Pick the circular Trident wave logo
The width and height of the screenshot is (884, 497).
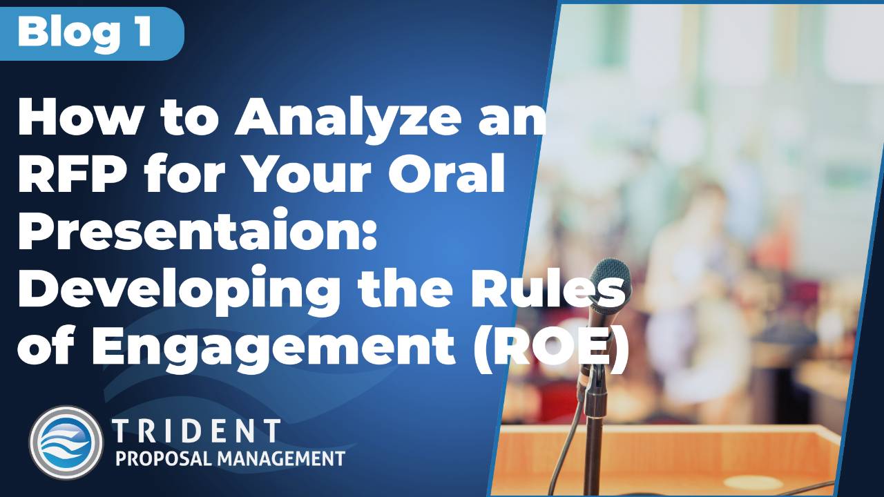click(66, 442)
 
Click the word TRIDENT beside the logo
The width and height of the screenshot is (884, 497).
click(197, 430)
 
